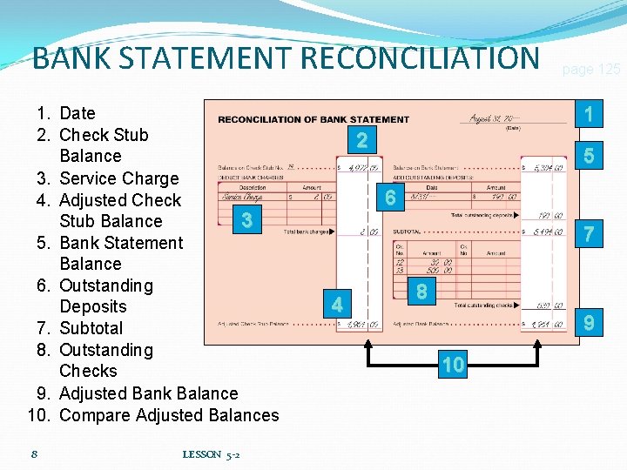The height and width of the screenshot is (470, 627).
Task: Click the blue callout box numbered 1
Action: (x=590, y=114)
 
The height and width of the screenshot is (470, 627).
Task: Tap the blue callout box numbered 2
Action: (x=361, y=140)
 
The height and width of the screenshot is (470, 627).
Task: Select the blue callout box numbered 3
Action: (x=247, y=220)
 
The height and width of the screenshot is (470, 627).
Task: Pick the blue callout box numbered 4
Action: (x=337, y=305)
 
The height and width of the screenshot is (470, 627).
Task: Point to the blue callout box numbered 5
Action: (x=590, y=158)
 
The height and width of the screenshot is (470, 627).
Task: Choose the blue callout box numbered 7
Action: (x=590, y=233)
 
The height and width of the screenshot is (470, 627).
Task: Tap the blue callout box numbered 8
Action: (x=421, y=292)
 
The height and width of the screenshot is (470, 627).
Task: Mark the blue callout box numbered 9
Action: (x=590, y=324)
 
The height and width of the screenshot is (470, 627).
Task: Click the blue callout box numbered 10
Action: (x=453, y=365)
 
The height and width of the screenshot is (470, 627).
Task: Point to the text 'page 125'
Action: (x=590, y=70)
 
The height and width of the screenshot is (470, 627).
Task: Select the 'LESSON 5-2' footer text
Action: (x=212, y=454)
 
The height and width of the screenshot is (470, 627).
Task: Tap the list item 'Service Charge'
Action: (x=118, y=178)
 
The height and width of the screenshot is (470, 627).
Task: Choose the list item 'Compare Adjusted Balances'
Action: (x=169, y=415)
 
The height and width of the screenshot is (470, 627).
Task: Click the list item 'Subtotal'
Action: (x=91, y=328)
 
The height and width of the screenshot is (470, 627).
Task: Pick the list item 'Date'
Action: (x=78, y=113)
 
